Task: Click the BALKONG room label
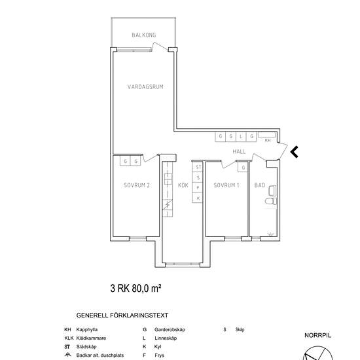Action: tap(144, 35)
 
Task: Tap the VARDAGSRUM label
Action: tap(145, 87)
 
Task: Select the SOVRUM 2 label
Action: tap(137, 185)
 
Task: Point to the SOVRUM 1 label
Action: tap(226, 185)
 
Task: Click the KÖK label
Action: tap(183, 185)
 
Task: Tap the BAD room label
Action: tap(260, 185)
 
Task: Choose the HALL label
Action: tap(239, 152)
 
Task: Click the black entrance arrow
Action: tap(294, 152)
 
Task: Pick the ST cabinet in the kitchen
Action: tap(198, 167)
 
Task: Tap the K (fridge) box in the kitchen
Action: tap(198, 198)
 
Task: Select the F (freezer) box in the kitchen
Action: tap(198, 188)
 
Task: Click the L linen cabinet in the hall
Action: tap(241, 137)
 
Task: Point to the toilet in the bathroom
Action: tap(271, 202)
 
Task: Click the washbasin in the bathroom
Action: tap(272, 190)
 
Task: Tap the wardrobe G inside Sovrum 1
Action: tap(243, 168)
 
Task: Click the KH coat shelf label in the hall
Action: tap(268, 140)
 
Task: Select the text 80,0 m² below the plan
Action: tap(146, 288)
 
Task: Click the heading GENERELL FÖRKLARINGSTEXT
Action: tap(122, 315)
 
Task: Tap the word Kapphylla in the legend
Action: tap(87, 329)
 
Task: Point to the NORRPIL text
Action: tap(317, 335)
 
